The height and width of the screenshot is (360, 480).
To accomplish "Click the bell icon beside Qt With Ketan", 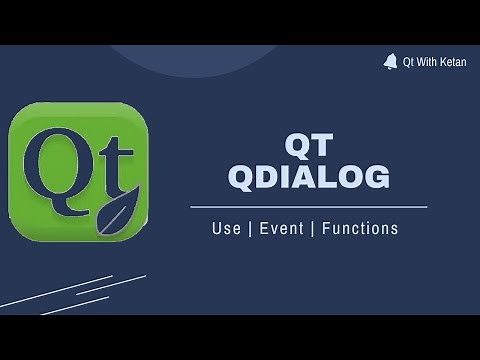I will (x=389, y=62).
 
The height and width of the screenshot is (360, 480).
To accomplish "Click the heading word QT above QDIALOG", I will (x=308, y=146).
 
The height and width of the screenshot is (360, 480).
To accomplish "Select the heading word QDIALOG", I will (x=308, y=178).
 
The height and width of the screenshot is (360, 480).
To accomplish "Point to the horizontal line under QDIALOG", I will (x=308, y=207).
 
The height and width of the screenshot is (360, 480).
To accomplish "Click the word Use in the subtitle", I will (x=226, y=229).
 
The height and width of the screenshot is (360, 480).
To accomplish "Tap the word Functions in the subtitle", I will (x=360, y=229).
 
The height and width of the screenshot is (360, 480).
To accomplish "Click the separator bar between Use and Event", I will (x=250, y=229).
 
